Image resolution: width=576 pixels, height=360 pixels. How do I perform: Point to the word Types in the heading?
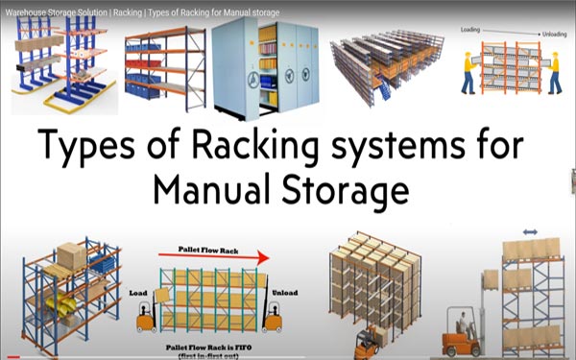click(88, 147)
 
